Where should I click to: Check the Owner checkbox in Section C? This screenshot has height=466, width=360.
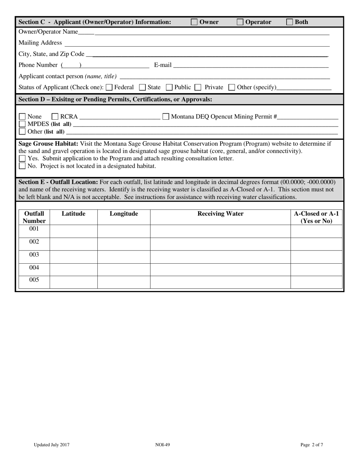pyautogui.click(x=194, y=22)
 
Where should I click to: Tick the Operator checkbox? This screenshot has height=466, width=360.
pyautogui.click(x=240, y=22)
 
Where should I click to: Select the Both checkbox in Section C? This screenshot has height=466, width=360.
pyautogui.click(x=290, y=22)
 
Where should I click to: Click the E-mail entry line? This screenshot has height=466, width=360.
pyautogui.click(x=251, y=65)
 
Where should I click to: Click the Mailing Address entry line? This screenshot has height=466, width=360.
pyautogui.click(x=197, y=44)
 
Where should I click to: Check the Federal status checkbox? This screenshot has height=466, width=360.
pyautogui.click(x=109, y=88)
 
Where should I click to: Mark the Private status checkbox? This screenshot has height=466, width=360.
pyautogui.click(x=198, y=88)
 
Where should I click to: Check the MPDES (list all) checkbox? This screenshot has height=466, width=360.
pyautogui.click(x=22, y=124)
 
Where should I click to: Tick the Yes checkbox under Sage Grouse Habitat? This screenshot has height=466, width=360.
pyautogui.click(x=22, y=158)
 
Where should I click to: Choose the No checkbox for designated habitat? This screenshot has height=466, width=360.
pyautogui.click(x=22, y=166)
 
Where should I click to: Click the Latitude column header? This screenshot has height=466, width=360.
pyautogui.click(x=74, y=214)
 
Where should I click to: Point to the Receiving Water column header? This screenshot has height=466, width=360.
pyautogui.click(x=221, y=214)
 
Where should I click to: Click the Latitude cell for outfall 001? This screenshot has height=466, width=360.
pyautogui.click(x=74, y=231)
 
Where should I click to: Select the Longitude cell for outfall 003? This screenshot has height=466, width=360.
pyautogui.click(x=124, y=256)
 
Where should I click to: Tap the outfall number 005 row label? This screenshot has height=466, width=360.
pyautogui.click(x=34, y=280)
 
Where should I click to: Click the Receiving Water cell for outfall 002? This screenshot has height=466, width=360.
pyautogui.click(x=221, y=244)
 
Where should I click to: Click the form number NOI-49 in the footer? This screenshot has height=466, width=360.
pyautogui.click(x=162, y=445)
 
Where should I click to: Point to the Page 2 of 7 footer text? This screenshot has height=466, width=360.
pyautogui.click(x=312, y=445)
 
